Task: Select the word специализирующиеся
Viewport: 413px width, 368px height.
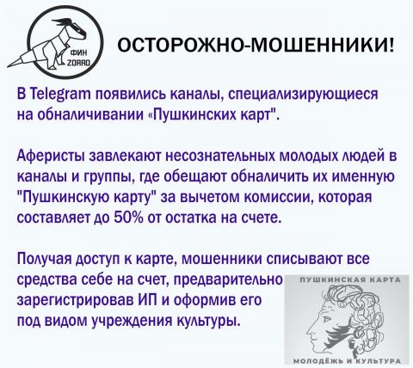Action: [x=304, y=95]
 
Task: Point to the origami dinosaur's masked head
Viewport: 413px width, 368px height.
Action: [x=72, y=28]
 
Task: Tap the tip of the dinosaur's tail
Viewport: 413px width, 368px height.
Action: [x=9, y=66]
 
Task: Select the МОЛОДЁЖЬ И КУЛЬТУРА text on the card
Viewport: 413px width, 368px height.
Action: [x=347, y=360]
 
